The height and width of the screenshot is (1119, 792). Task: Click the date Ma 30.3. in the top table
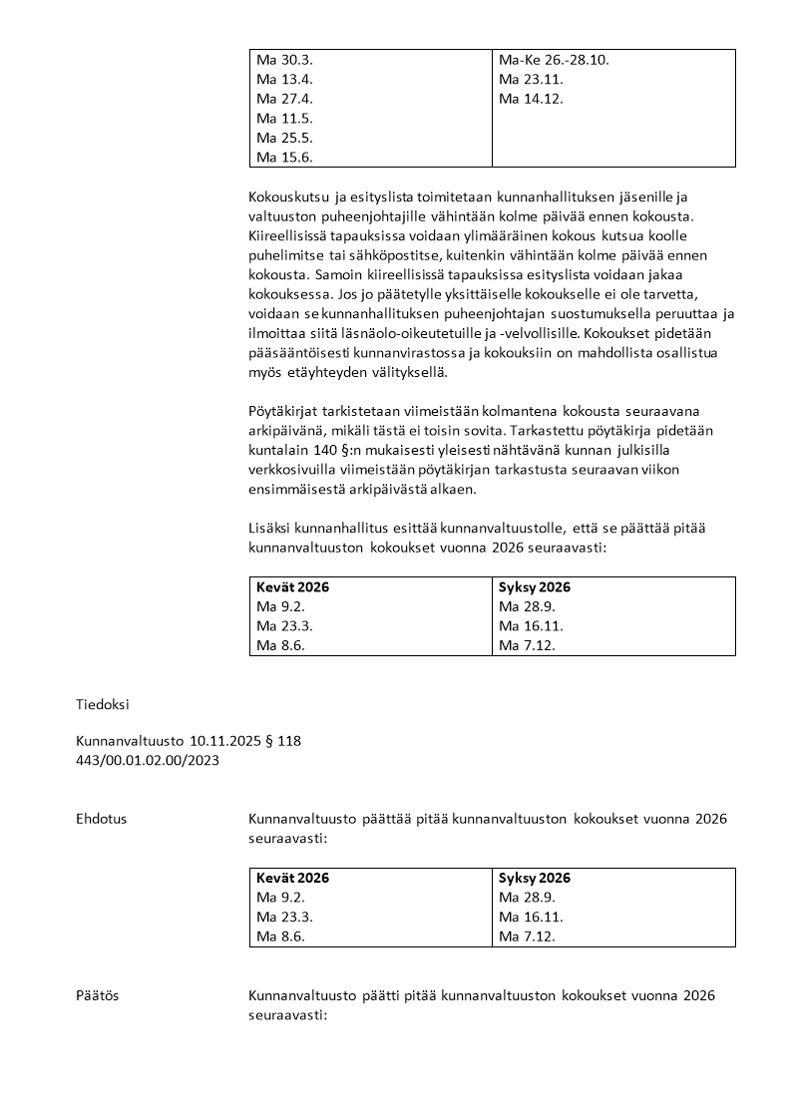pos(284,60)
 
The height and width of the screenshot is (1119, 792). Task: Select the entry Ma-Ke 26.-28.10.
pos(554,60)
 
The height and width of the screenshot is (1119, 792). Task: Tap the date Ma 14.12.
pos(524,99)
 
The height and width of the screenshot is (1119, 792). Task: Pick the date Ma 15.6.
pos(284,157)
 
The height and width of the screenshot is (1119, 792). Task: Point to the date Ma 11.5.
pos(284,118)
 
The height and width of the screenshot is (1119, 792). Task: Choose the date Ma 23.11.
pos(524,79)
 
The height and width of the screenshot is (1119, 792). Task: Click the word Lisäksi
pos(272,528)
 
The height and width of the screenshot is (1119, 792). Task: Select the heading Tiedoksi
pos(103,703)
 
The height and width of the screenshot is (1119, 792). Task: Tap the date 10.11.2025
pos(221,741)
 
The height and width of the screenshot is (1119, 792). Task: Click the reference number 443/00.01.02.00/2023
pos(148,760)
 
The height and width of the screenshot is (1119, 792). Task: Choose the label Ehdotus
pos(101,819)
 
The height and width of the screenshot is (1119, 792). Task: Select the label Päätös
pos(97,995)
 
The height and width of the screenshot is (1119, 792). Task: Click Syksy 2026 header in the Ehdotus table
pos(535,879)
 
